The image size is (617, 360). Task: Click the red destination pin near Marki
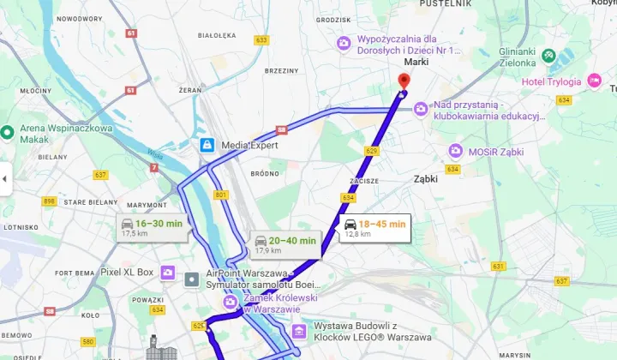click(404, 81)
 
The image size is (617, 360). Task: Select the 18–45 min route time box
click(375, 227)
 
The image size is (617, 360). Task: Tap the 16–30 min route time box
click(153, 227)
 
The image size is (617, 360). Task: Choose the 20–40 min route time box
click(285, 245)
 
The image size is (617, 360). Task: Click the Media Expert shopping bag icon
click(206, 145)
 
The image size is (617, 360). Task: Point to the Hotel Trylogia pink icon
click(596, 81)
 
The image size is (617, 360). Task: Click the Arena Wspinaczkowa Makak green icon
click(9, 131)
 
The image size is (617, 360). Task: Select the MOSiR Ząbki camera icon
click(455, 151)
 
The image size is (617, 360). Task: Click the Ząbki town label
click(424, 179)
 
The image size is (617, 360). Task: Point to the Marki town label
click(416, 62)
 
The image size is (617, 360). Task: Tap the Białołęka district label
click(217, 36)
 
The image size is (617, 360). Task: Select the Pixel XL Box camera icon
click(167, 273)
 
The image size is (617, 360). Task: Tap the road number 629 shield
click(371, 151)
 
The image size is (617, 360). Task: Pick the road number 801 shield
click(222, 195)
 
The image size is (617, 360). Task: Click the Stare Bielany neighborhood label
click(84, 202)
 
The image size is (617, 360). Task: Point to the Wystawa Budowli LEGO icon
click(299, 331)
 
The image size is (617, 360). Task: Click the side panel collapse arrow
click(4, 178)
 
